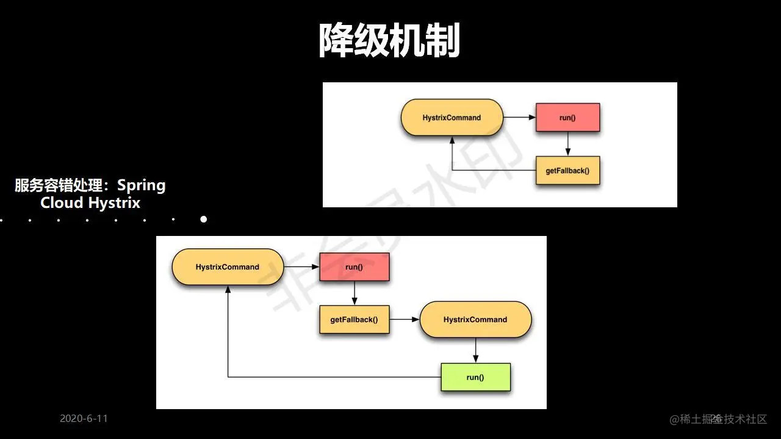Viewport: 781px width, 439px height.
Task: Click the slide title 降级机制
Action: pyautogui.click(x=389, y=41)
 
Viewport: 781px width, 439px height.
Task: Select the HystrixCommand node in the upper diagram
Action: pyautogui.click(x=452, y=118)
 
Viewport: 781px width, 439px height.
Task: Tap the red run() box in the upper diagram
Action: pyautogui.click(x=567, y=118)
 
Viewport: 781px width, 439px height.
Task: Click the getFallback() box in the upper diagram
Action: pyautogui.click(x=567, y=171)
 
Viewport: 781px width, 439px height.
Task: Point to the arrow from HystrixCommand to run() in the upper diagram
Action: pyautogui.click(x=519, y=118)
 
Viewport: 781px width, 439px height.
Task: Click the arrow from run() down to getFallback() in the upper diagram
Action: pyautogui.click(x=567, y=144)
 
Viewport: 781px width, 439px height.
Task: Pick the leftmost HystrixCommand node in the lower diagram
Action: pyautogui.click(x=228, y=267)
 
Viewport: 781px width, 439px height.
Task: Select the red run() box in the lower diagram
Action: pyautogui.click(x=354, y=267)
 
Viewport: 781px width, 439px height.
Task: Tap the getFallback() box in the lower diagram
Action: pyautogui.click(x=354, y=319)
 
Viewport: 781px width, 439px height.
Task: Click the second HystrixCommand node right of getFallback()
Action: pyautogui.click(x=475, y=319)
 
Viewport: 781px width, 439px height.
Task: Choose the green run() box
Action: pyautogui.click(x=475, y=377)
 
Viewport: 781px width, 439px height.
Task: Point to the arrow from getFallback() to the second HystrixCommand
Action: pyautogui.click(x=404, y=319)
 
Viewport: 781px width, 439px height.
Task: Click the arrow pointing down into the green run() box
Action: pyautogui.click(x=475, y=351)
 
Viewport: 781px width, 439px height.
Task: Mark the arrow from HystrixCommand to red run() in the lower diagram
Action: pyautogui.click(x=301, y=267)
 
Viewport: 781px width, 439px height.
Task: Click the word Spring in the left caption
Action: pyautogui.click(x=141, y=185)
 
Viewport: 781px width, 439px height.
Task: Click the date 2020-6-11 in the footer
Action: pyautogui.click(x=84, y=418)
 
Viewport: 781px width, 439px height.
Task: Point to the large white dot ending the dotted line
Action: pyautogui.click(x=204, y=219)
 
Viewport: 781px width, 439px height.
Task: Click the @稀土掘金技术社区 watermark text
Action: pyautogui.click(x=718, y=419)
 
